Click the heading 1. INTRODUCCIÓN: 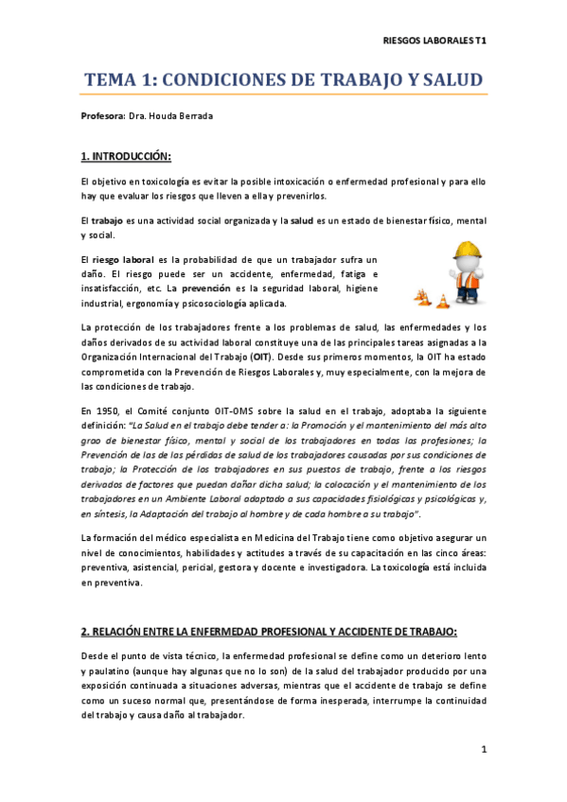pos(126,156)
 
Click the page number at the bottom pos(484,751)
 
